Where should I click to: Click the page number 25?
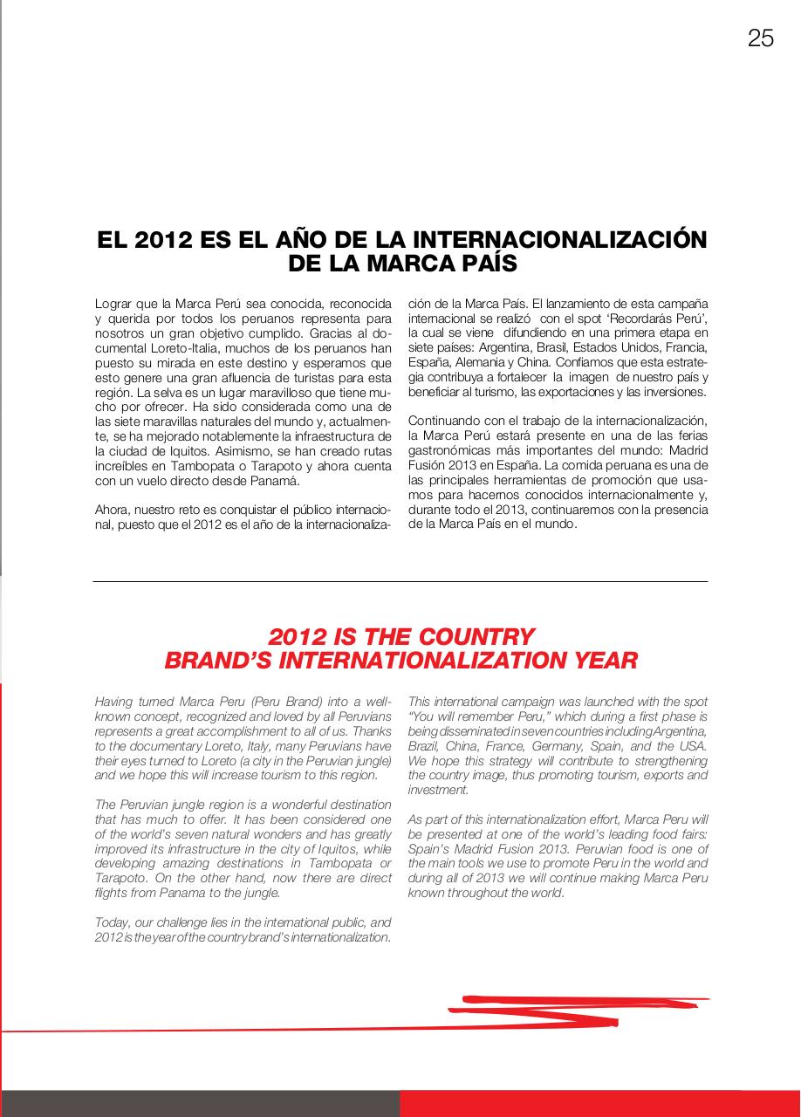(x=760, y=38)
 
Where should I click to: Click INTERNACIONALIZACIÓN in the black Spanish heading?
(x=558, y=240)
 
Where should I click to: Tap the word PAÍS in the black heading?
(x=485, y=264)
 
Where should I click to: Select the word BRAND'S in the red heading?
(x=218, y=661)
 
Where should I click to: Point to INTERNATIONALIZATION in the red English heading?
(x=422, y=661)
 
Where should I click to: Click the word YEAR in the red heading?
(x=605, y=661)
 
